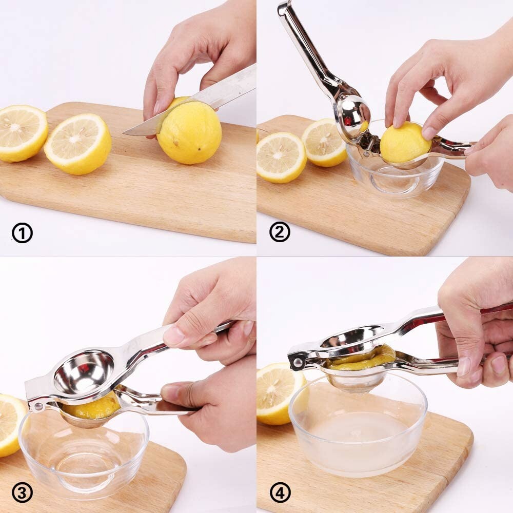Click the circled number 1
click(22, 233)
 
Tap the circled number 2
click(280, 232)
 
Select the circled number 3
click(22, 493)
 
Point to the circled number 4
click(280, 493)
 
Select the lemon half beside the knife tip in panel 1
click(77, 144)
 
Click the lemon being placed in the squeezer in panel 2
click(405, 143)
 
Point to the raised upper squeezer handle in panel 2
click(303, 46)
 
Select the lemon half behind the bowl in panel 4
click(277, 390)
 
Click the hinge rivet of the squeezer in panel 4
click(297, 362)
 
